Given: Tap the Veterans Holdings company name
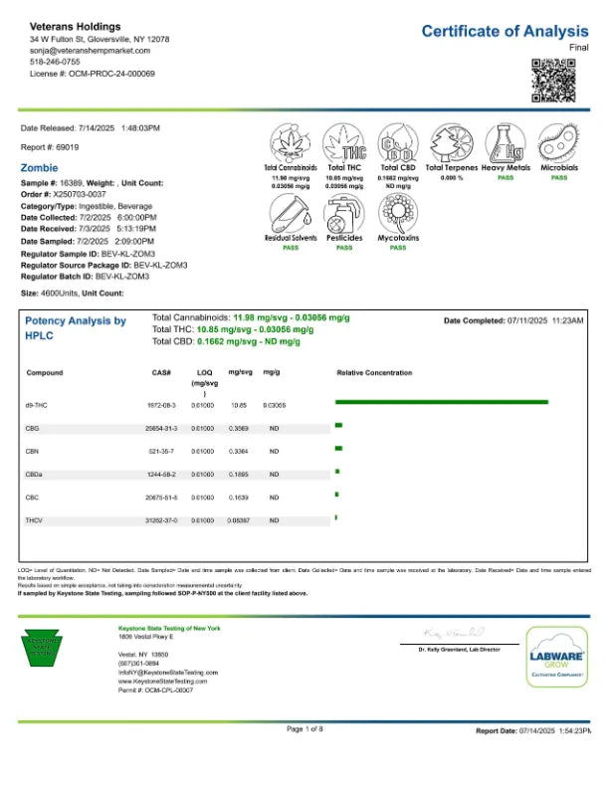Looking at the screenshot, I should click(76, 26).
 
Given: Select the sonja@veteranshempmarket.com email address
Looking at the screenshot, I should click(90, 50).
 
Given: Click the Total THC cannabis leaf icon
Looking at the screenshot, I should click(344, 144).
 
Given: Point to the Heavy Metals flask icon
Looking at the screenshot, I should click(505, 144).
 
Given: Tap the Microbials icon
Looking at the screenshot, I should click(559, 144).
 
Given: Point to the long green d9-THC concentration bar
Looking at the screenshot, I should click(442, 402).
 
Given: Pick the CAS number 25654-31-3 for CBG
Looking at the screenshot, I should click(161, 428).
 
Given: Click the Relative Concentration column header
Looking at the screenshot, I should click(374, 373).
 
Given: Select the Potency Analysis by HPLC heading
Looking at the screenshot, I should click(75, 328).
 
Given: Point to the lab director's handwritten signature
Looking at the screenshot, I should click(453, 633).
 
